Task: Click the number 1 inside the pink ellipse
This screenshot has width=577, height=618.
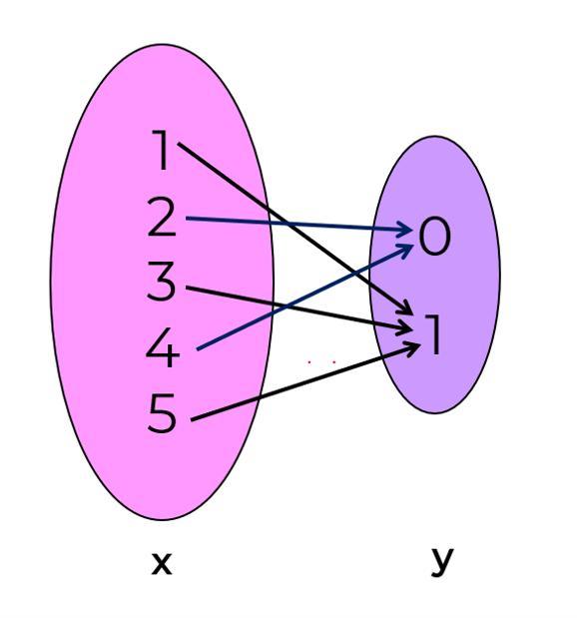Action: coord(162,150)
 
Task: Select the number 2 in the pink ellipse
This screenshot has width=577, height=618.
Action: coord(161,218)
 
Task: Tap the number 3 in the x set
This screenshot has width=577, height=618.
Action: coord(161,282)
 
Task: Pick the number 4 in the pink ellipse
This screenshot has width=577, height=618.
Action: coord(163,347)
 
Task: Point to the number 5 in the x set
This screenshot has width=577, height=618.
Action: coord(162,413)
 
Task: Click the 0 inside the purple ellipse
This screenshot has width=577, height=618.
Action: coord(434,237)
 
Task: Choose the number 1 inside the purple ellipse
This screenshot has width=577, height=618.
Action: coord(432,334)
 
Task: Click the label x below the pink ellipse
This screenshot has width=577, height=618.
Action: coord(162,564)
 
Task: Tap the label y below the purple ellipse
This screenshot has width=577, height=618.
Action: coord(442,563)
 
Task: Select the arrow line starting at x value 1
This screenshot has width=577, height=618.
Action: coord(294,229)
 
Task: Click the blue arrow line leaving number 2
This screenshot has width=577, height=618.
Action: coord(298,224)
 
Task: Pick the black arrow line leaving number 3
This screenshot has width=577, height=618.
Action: coord(298,309)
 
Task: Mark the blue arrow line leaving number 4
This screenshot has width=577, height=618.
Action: coord(304,297)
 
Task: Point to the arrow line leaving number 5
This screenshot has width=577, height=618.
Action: coord(305,382)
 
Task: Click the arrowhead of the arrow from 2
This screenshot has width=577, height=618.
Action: coord(406,229)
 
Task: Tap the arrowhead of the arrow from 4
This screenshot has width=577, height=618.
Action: coord(406,249)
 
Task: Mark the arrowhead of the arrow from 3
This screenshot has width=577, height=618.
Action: coord(406,328)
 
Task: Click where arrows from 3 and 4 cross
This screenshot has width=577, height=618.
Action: coord(288,307)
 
